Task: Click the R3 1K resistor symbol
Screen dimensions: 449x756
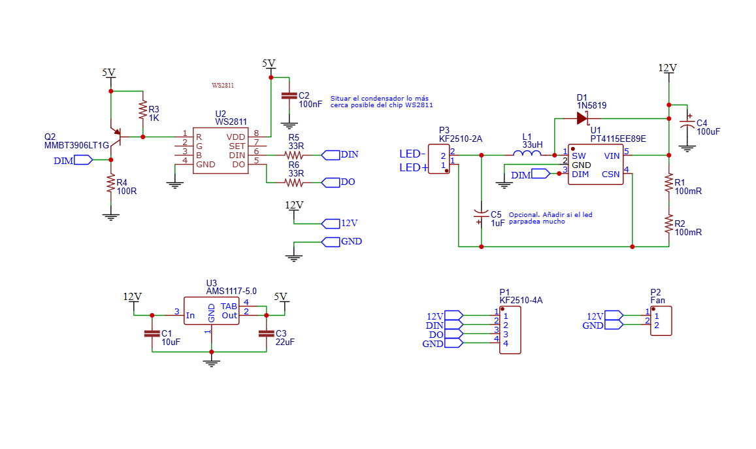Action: point(143,110)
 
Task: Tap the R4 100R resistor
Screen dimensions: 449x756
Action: point(112,185)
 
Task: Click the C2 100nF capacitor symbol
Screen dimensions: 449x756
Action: point(288,96)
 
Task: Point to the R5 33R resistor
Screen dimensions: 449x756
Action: point(295,156)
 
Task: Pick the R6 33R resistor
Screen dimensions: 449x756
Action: point(295,182)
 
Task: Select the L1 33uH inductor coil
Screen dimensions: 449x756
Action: point(527,154)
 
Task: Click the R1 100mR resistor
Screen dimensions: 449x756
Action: point(668,184)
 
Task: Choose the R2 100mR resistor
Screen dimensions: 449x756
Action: point(668,224)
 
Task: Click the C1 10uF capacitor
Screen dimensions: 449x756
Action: point(152,333)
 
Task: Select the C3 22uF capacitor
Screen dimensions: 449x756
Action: point(266,333)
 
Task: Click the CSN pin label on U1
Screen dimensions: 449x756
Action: point(610,175)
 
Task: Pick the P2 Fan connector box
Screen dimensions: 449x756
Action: point(661,320)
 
